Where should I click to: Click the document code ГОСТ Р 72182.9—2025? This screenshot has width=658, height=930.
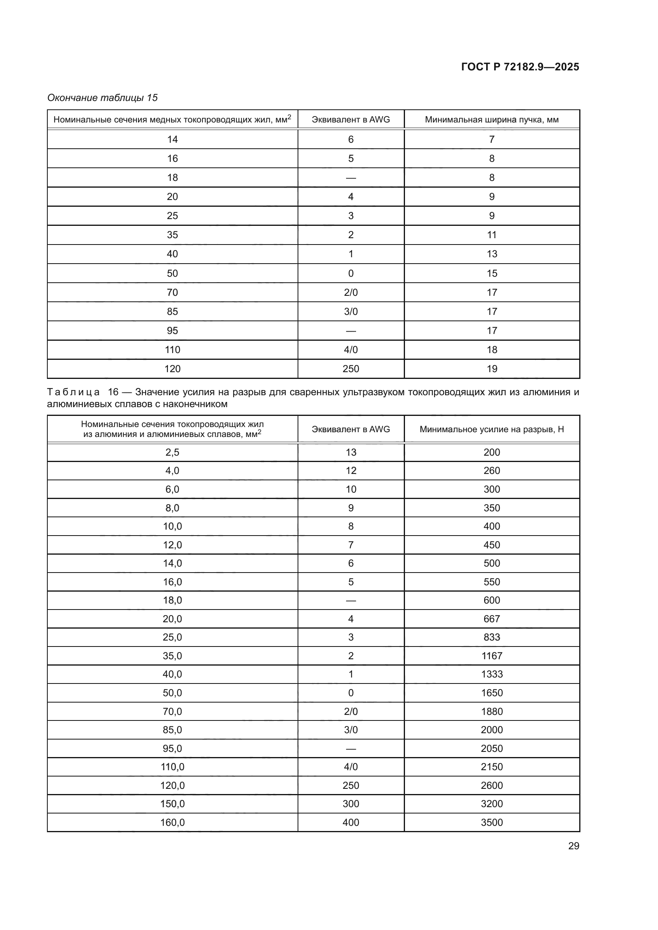(520, 67)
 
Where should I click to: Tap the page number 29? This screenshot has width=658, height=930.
(573, 846)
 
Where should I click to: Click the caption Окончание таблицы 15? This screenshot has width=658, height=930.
(103, 98)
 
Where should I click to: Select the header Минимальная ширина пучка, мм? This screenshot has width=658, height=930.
(491, 120)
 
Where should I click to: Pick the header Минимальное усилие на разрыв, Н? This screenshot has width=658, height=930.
(491, 429)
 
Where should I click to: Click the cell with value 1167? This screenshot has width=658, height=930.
(491, 656)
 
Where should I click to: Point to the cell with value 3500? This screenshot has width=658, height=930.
(491, 822)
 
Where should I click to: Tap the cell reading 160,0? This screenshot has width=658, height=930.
(172, 822)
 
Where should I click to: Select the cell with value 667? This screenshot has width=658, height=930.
(491, 619)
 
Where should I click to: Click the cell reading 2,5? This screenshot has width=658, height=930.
(172, 452)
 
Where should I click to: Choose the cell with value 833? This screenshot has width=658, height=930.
(491, 637)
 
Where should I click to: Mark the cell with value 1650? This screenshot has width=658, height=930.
(491, 693)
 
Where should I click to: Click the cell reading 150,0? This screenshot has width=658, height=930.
(172, 804)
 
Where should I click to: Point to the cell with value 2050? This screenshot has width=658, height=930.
(491, 749)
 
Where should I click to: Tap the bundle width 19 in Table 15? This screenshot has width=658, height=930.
(491, 369)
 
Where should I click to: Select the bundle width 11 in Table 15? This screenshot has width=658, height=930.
(491, 235)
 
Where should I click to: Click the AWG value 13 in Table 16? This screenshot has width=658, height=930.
(350, 452)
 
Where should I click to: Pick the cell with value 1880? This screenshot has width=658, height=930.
(491, 711)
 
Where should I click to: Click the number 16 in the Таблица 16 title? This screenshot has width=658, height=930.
(113, 392)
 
